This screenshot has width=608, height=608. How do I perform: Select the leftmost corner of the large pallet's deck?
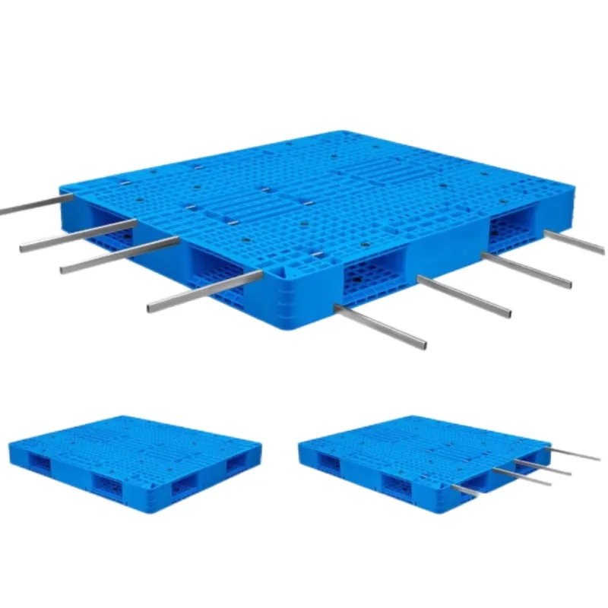[61, 186]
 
